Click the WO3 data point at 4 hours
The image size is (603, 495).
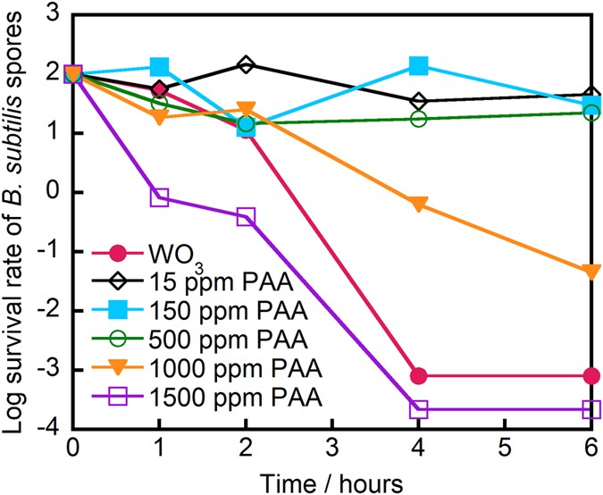419,375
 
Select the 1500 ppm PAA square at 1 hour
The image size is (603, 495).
159,197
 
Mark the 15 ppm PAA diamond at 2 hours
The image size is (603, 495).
246,65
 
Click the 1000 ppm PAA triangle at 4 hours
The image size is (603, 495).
419,204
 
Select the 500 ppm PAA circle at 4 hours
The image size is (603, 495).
419,119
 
